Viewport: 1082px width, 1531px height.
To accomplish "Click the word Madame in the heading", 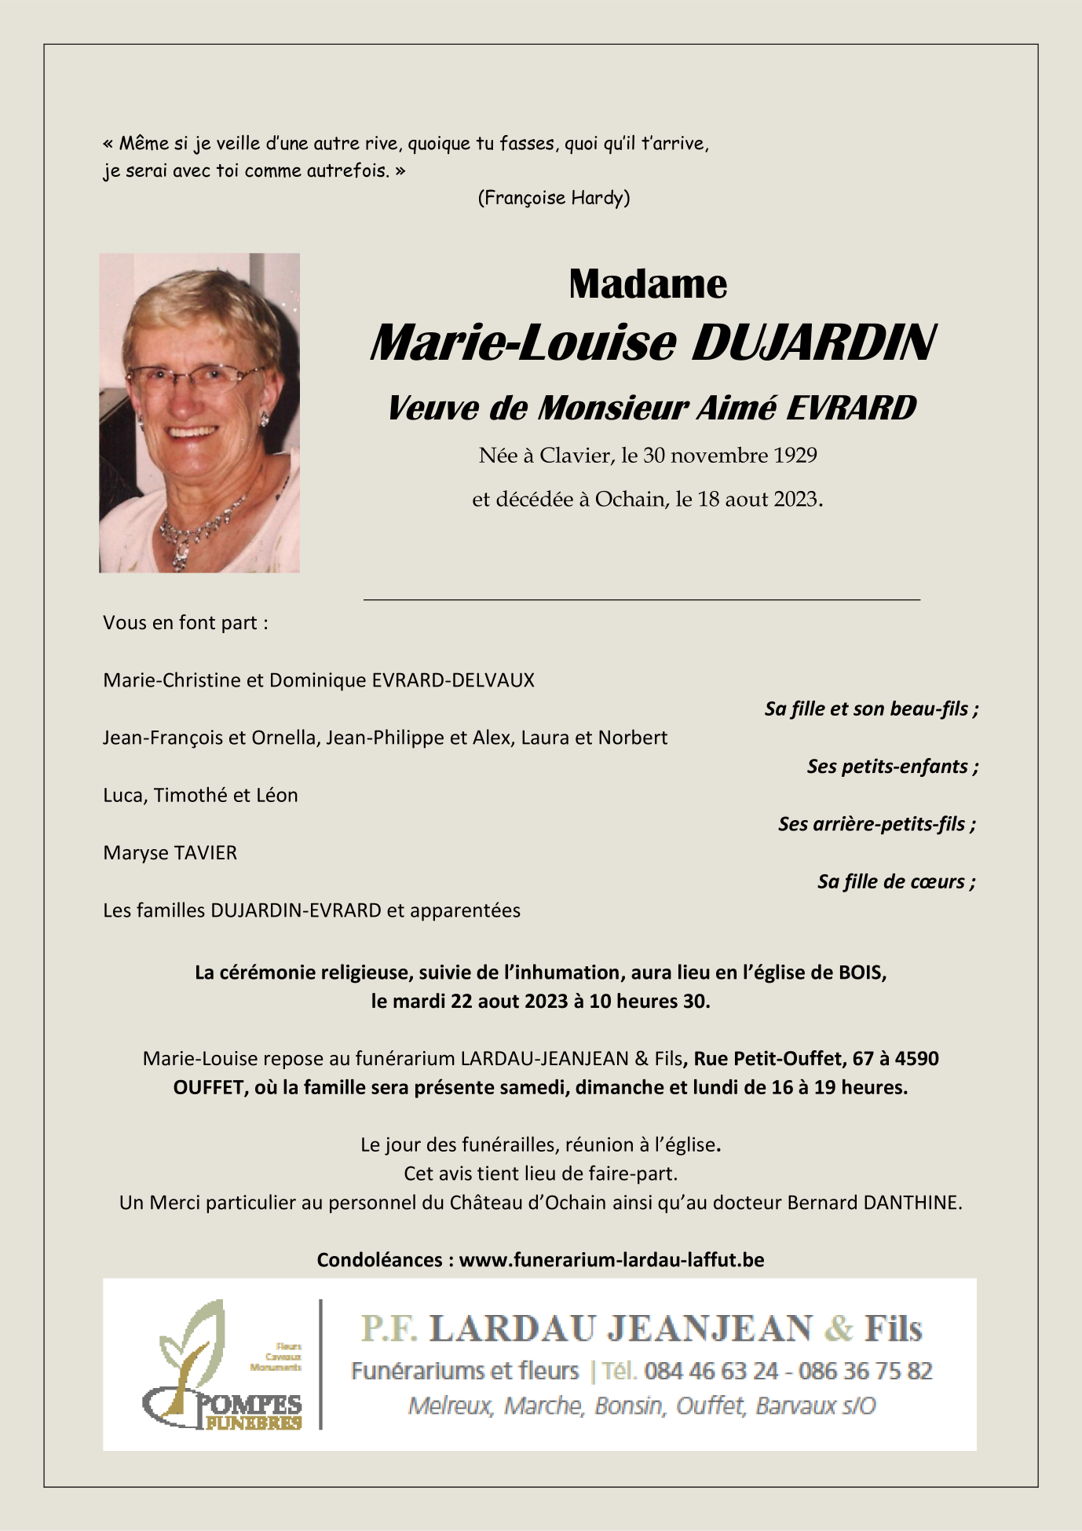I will (648, 284).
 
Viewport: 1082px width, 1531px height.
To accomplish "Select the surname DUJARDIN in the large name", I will (813, 343).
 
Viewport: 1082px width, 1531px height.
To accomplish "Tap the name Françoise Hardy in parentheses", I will (554, 197).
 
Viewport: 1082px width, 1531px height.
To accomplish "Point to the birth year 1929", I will (795, 456).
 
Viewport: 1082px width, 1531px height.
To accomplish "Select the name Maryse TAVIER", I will (170, 853).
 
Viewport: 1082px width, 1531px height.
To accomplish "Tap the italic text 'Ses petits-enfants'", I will (887, 767).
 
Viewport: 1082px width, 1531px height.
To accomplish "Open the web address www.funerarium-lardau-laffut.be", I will (611, 1260).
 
